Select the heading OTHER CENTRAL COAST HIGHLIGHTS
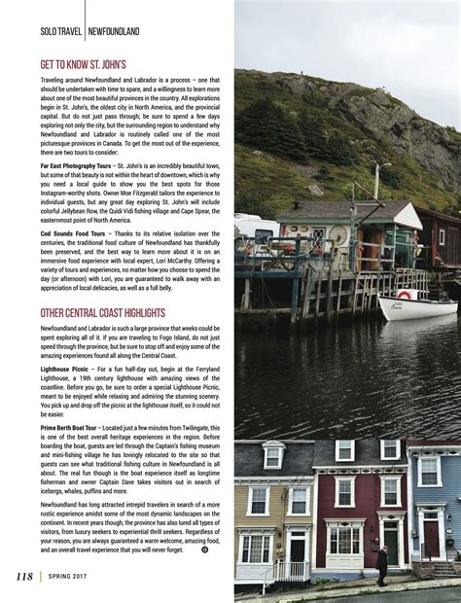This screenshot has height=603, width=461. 103,313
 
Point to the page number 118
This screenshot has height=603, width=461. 23,577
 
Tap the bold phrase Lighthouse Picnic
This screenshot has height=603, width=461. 67,367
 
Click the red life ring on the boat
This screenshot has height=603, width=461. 403,295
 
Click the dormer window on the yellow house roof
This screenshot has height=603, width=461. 273,455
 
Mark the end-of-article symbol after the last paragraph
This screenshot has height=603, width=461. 204,550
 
